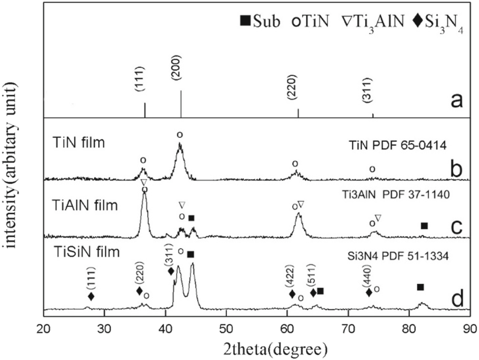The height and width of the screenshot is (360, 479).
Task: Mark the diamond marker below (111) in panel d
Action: [x=91, y=297]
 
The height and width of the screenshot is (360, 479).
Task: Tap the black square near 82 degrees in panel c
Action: [x=424, y=226]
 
